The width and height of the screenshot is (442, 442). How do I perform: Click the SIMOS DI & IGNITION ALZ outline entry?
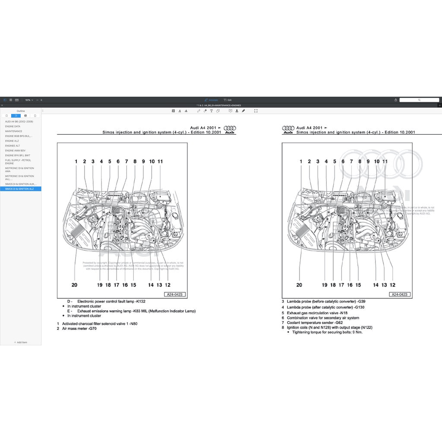(x=19, y=189)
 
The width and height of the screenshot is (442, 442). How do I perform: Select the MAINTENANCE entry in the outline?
(x=13, y=131)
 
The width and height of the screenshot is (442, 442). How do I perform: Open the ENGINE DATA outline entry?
(x=13, y=126)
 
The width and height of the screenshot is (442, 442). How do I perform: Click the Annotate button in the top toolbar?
(x=212, y=100)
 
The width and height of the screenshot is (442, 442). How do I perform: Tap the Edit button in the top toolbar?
(x=227, y=100)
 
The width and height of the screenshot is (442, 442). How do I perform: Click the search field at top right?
(x=419, y=100)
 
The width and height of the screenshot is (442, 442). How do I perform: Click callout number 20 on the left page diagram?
(x=74, y=285)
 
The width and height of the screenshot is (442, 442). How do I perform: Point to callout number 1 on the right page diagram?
(x=301, y=161)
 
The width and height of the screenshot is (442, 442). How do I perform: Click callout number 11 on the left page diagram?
(x=160, y=161)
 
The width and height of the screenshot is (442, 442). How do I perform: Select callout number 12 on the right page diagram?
(x=392, y=285)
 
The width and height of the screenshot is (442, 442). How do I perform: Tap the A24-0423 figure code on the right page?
(x=399, y=294)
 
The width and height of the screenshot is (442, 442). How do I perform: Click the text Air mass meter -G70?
(x=79, y=329)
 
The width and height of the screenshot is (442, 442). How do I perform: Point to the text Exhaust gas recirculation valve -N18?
(x=317, y=313)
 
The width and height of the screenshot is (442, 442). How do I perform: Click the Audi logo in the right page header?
(x=288, y=128)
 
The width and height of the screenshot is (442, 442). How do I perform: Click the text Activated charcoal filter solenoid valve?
(x=100, y=324)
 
